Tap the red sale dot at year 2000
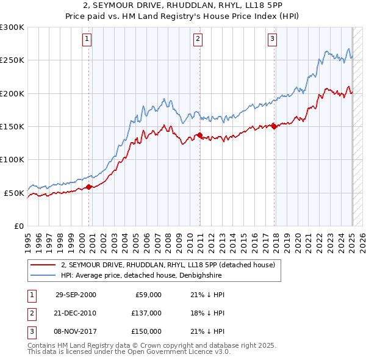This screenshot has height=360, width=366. point(89,187)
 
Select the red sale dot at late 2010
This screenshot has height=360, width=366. point(199,135)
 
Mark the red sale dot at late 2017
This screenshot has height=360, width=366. point(274,126)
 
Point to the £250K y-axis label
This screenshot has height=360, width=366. point(12,60)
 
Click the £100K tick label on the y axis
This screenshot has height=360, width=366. point(12,159)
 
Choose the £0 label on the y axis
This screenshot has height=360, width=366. point(19,226)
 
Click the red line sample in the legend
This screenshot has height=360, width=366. point(42,265)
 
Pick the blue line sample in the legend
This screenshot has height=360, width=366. point(42,275)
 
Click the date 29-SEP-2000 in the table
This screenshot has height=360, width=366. point(76,295)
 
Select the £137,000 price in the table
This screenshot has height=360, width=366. point(147,313)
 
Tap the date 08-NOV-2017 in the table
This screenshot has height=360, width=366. point(76,331)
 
